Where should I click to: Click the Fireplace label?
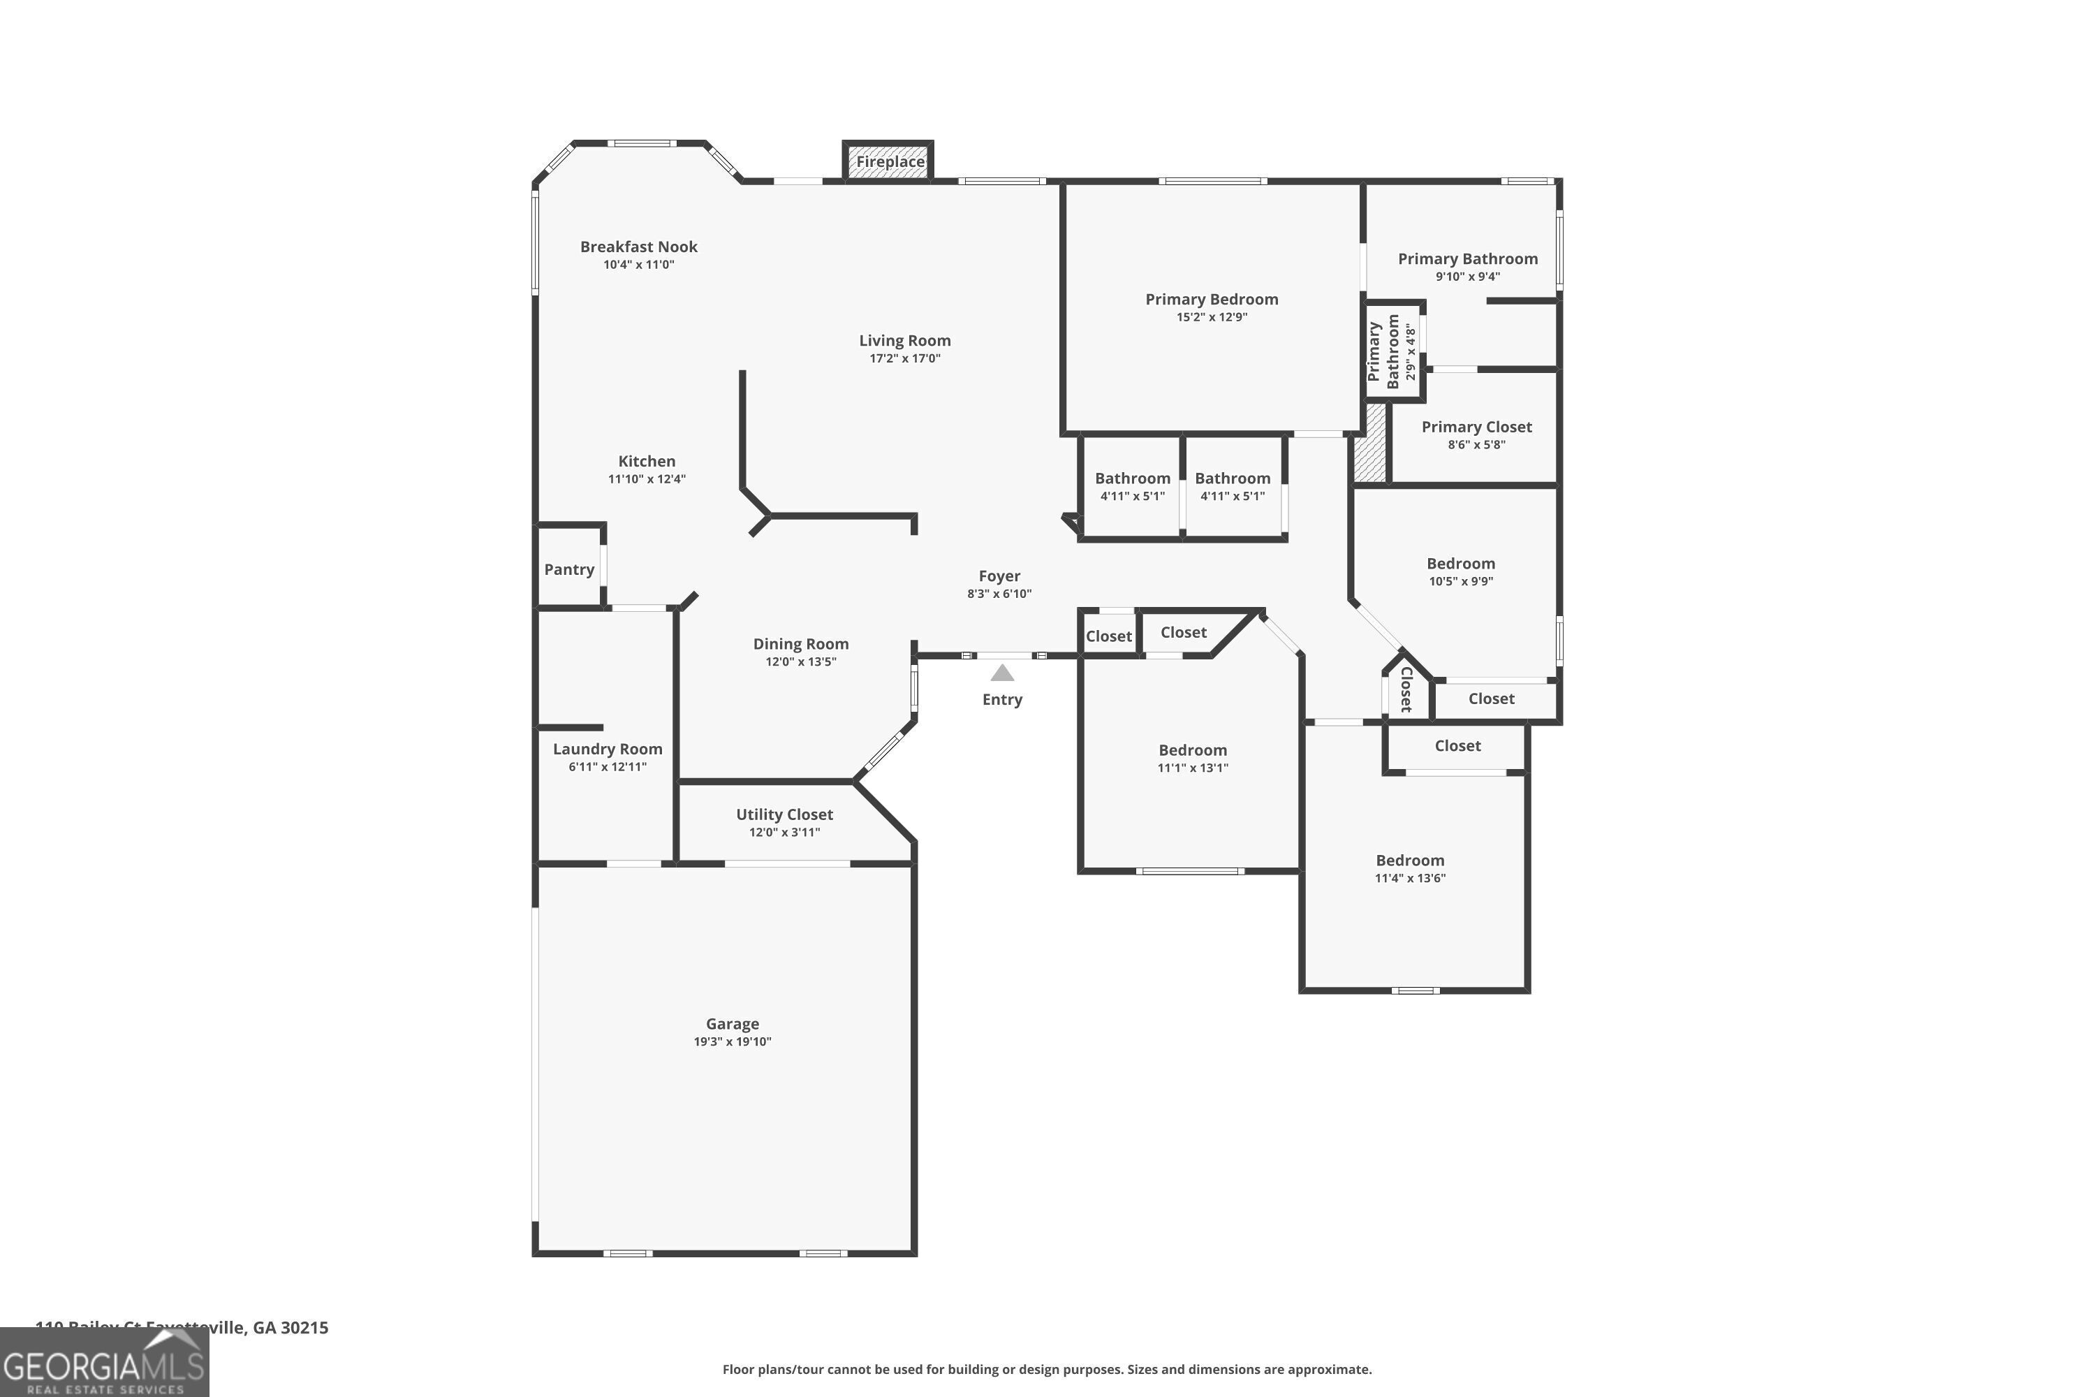(890, 161)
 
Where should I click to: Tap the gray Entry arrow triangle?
(1002, 673)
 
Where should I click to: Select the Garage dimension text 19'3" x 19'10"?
(732, 1041)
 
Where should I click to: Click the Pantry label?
(569, 569)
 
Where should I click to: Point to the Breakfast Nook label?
(639, 247)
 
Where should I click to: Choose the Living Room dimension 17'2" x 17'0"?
(904, 358)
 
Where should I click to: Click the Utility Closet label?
(784, 814)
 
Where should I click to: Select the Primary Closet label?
(1476, 427)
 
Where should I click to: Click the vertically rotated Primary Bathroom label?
(1383, 352)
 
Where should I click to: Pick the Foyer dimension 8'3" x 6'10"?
(999, 593)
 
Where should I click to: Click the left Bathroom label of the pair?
(1132, 478)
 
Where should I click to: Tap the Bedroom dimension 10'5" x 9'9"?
(1460, 581)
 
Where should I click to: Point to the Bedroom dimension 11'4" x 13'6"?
(1409, 877)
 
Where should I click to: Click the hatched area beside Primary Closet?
(1370, 444)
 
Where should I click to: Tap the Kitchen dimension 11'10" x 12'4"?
(647, 478)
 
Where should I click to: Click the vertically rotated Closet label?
(1406, 689)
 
